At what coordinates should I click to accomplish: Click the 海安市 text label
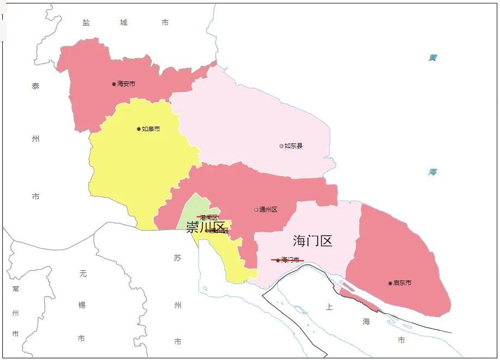pos(126,84)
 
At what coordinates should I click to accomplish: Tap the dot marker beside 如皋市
pos(139,129)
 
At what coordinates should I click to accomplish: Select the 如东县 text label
pos(293,146)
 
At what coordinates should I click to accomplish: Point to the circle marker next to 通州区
pos(256,210)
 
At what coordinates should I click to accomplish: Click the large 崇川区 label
pos(205,227)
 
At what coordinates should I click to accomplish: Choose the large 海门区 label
pos(312,241)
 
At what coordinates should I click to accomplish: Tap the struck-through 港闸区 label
pos(209,218)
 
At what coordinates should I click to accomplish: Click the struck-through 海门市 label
pos(290,260)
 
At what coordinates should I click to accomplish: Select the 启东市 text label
pos(402,283)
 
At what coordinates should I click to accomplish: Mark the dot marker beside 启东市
pos(390,283)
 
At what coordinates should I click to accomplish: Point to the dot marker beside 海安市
pos(114,84)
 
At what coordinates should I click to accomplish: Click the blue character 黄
pos(433,58)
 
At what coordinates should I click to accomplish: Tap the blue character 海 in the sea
pos(433,172)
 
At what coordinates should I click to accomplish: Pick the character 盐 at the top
pos(86,22)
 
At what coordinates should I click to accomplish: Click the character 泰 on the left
pos(35,86)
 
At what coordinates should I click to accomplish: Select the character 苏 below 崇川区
pos(178,258)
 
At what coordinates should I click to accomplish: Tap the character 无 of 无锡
pos(83,274)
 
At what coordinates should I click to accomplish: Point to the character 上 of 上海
pos(329,307)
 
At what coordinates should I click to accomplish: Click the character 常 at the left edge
pos(15,289)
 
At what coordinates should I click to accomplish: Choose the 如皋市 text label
pos(151,129)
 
